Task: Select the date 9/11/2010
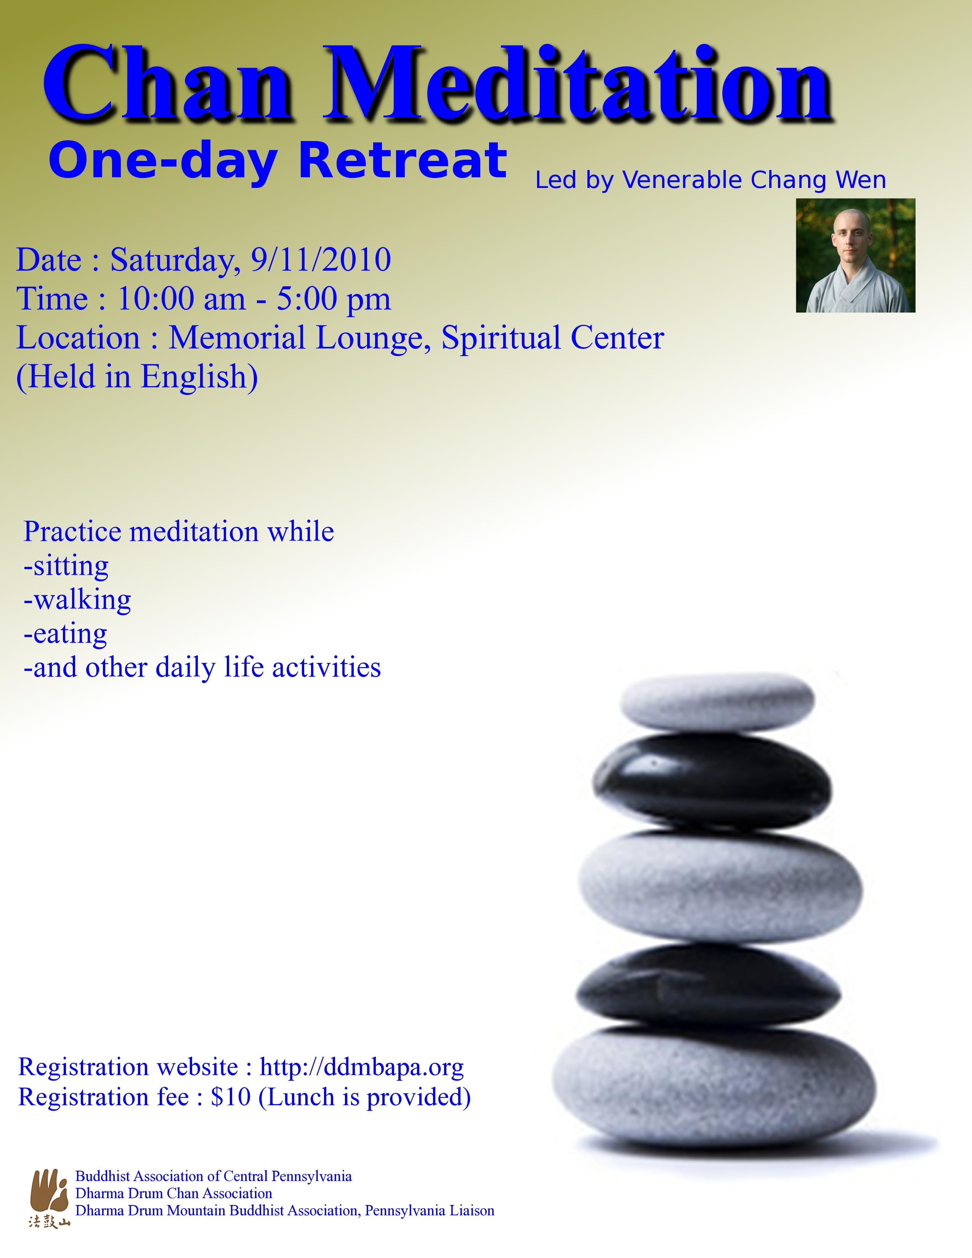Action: (x=321, y=260)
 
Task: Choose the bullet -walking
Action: (x=77, y=600)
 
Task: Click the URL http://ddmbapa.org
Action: (x=362, y=1067)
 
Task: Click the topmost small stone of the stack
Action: (x=717, y=702)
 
